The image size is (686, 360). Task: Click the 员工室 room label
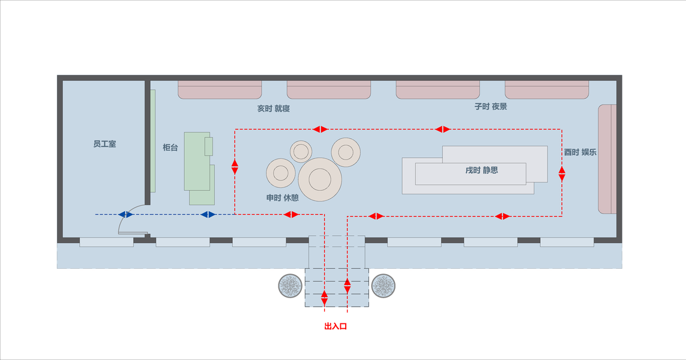pyautogui.click(x=104, y=145)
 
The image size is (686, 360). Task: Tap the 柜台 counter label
pyautogui.click(x=170, y=147)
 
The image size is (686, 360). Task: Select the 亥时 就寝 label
pyautogui.click(x=274, y=109)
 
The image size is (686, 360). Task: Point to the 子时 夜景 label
pyautogui.click(x=491, y=106)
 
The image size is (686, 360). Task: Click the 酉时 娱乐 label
pyautogui.click(x=580, y=152)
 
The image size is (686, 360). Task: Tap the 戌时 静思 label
pyautogui.click(x=481, y=170)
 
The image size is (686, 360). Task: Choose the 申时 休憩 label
pyautogui.click(x=282, y=197)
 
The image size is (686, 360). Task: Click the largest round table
pyautogui.click(x=320, y=179)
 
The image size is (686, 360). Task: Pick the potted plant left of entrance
pyautogui.click(x=290, y=286)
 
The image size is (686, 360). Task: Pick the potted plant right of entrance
pyautogui.click(x=384, y=286)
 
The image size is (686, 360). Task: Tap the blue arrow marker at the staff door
pyautogui.click(x=126, y=214)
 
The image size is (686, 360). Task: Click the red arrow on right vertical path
pyautogui.click(x=562, y=174)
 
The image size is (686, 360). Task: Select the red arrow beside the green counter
pyautogui.click(x=235, y=167)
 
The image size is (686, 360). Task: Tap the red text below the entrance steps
pyautogui.click(x=335, y=326)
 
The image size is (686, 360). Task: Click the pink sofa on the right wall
pyautogui.click(x=607, y=159)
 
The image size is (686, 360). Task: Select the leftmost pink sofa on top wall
pyautogui.click(x=220, y=89)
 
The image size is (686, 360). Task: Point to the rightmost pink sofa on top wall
pyautogui.click(x=547, y=89)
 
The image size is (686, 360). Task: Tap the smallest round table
pyautogui.click(x=301, y=151)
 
